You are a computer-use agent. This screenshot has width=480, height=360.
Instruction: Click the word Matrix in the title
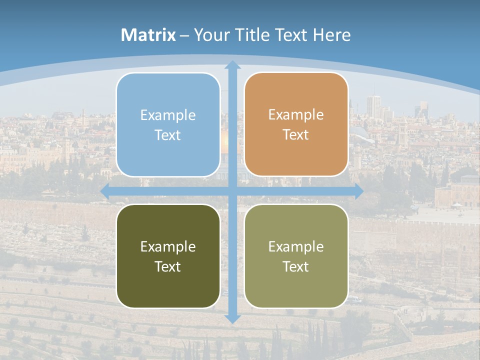point(148,35)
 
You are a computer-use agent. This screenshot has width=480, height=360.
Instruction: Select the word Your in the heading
point(209,35)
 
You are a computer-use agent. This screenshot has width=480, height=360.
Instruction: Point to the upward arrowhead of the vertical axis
point(232,64)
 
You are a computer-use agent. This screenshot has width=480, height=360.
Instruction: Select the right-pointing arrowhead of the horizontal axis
point(358,191)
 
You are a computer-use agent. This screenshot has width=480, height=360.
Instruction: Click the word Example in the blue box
point(168,115)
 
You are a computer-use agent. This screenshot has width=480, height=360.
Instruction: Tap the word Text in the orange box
point(296,135)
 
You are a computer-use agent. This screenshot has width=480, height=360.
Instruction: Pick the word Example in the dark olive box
point(168,246)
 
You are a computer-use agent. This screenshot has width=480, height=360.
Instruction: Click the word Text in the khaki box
point(296,267)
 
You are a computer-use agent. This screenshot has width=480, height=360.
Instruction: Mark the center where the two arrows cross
point(232,191)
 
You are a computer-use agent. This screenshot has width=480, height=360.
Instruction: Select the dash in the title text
point(184,35)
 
